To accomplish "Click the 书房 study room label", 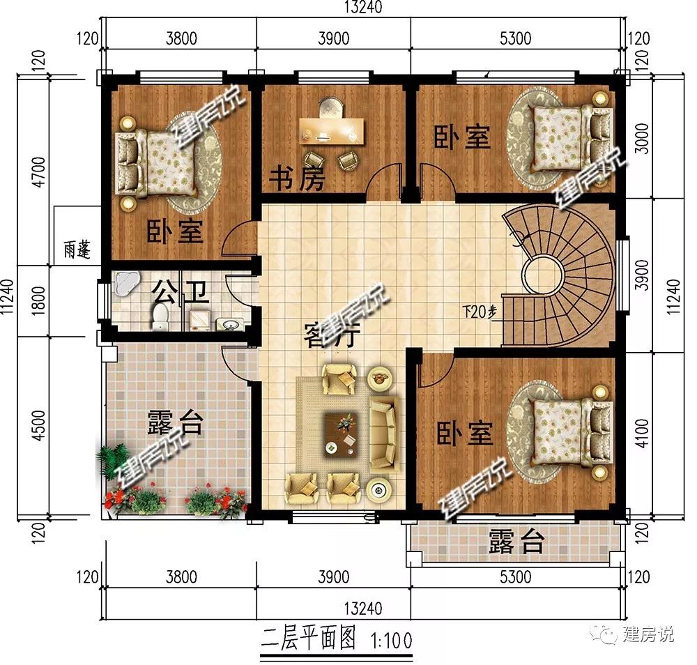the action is click(x=297, y=178).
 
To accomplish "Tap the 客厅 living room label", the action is click(x=332, y=335).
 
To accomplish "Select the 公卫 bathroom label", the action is click(x=181, y=292).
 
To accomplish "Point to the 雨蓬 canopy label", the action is click(x=77, y=250).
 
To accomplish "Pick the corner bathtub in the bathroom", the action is click(x=127, y=283).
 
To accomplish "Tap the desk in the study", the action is click(x=332, y=130).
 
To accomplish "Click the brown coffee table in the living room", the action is click(x=341, y=434).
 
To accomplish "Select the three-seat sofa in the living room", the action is click(x=383, y=434).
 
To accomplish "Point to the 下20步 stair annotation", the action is click(x=480, y=312).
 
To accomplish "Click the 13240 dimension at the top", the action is click(x=362, y=8).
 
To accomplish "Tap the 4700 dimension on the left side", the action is click(x=39, y=171).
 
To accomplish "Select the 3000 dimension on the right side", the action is click(x=641, y=138).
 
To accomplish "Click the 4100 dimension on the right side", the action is click(x=641, y=433).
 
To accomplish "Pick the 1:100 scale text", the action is click(x=391, y=641).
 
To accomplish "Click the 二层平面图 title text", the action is click(x=309, y=639).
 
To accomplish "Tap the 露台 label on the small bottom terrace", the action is click(x=516, y=542).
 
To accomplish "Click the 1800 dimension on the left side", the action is click(x=39, y=300).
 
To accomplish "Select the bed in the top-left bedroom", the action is click(x=155, y=162).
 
